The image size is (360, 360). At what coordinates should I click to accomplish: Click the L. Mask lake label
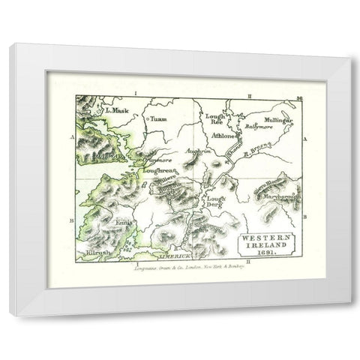118,110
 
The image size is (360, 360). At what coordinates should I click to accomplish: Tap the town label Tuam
157,118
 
